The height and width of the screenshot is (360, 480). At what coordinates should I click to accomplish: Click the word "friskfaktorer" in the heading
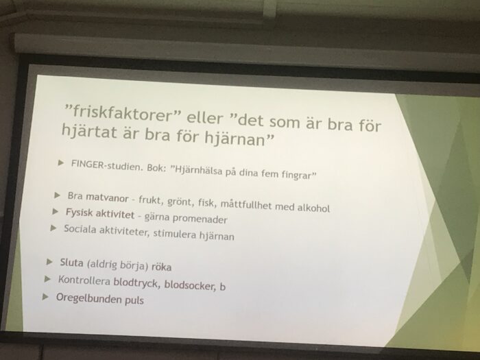[123, 113]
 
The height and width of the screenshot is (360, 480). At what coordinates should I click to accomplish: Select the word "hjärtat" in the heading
[89, 131]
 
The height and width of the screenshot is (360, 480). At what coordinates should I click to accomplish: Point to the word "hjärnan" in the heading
[235, 139]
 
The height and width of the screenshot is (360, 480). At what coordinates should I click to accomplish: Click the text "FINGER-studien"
[108, 165]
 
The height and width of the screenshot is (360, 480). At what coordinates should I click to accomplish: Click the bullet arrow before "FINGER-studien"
[61, 163]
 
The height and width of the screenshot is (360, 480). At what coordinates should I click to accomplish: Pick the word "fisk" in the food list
[206, 202]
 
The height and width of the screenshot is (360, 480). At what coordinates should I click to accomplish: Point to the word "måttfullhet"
[246, 204]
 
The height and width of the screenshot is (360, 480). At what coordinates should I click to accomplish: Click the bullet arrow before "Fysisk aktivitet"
[56, 211]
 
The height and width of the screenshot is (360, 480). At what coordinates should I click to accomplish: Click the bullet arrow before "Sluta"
[49, 262]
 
